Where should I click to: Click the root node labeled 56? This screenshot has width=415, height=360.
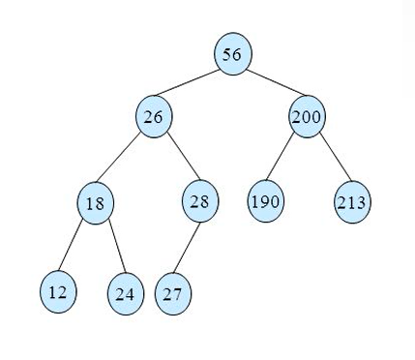tap(232, 54)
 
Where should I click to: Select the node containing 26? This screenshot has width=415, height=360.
tap(154, 117)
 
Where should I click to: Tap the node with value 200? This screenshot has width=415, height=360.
tap(307, 117)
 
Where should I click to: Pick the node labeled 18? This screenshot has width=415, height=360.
tap(95, 203)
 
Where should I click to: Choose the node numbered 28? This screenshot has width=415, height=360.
tap(200, 201)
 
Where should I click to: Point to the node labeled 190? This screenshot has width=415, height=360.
tap(265, 202)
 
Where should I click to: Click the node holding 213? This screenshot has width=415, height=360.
tap(351, 203)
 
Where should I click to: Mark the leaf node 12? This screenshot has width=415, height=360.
tap(58, 291)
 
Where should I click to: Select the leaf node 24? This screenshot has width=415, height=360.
tap(124, 293)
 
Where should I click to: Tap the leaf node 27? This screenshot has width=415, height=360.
tap(173, 293)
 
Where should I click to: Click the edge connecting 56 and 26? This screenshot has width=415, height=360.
tap(193, 85)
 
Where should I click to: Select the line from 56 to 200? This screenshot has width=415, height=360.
tap(269, 85)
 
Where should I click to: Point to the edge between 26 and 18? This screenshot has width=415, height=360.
tap(125, 160)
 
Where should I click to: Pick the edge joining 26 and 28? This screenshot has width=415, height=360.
tap(177, 159)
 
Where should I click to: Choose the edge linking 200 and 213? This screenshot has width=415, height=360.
tap(329, 160)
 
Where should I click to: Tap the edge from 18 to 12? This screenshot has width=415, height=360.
tap(76, 247)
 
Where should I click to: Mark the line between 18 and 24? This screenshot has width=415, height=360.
tap(109, 248)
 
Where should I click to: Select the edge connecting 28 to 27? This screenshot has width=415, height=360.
tap(187, 247)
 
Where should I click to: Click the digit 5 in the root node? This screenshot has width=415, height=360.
tap(227, 54)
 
